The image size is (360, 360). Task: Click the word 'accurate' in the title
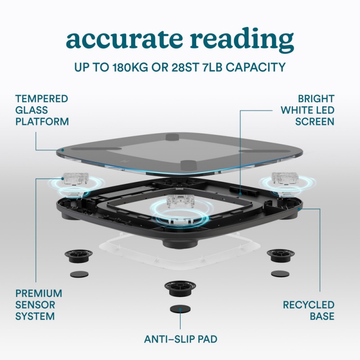124,39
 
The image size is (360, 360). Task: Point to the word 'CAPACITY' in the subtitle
256,67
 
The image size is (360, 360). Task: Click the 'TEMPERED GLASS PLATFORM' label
42,110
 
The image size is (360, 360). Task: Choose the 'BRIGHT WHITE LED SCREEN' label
308,110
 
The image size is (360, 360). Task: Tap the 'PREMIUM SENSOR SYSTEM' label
39,305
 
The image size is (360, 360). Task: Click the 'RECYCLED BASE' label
309,310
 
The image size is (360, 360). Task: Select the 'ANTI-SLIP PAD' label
181,339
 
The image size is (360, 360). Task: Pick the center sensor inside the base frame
180,201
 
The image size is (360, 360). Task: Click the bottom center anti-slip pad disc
180,309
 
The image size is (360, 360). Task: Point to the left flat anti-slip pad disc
79,274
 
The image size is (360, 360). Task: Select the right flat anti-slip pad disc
280,274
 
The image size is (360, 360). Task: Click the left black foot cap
78,256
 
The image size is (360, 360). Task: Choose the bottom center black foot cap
180,288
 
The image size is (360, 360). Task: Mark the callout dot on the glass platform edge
63,150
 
